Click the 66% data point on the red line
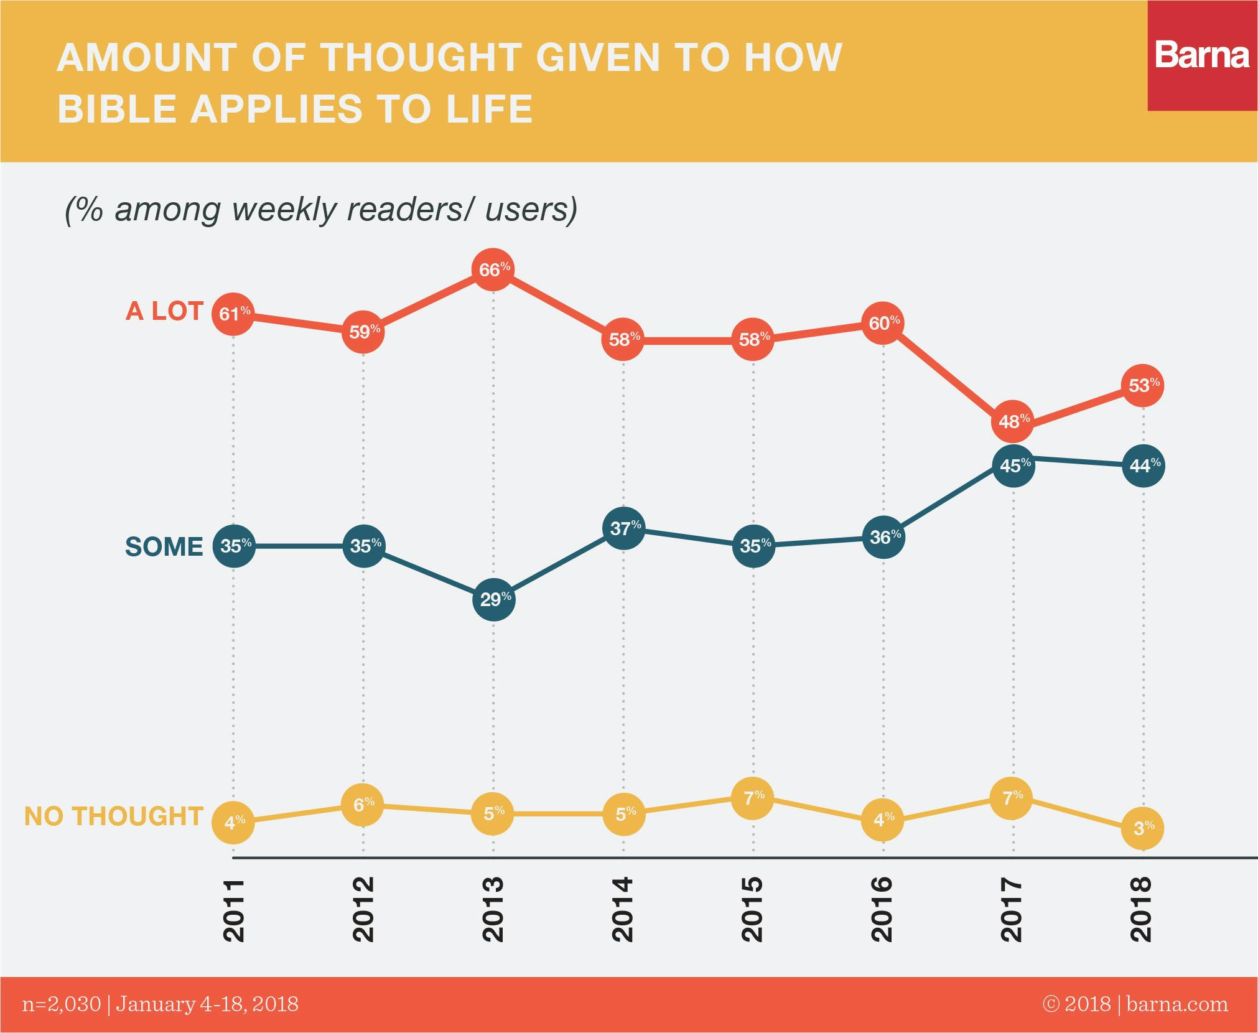click(x=493, y=270)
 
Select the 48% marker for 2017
click(x=1013, y=421)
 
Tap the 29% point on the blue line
click(x=493, y=599)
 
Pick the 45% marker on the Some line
click(x=1013, y=465)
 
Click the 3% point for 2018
click(x=1143, y=828)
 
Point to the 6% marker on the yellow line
click(x=363, y=805)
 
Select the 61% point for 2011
click(x=233, y=313)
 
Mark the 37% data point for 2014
click(x=623, y=528)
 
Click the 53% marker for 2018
click(x=1143, y=386)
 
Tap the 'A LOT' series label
click(x=164, y=311)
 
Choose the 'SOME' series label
click(x=164, y=546)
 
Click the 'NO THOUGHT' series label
click(x=114, y=816)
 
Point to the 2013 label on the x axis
click(x=493, y=909)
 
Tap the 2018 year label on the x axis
click(x=1143, y=909)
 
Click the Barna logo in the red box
click(x=1202, y=55)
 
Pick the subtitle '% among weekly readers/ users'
click(x=321, y=209)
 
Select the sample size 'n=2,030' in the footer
click(x=61, y=1004)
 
